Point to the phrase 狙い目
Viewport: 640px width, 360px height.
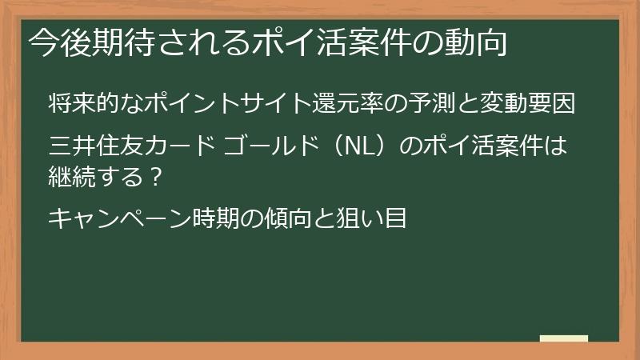(384, 217)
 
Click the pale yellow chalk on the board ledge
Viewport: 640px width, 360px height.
(563, 338)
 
